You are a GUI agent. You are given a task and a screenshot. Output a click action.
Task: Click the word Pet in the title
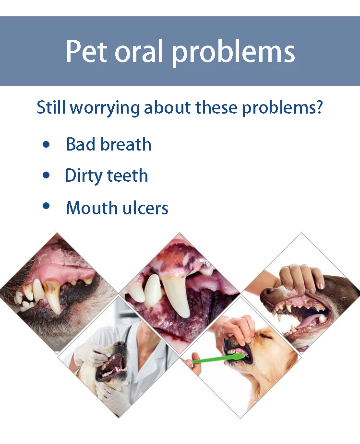(x=87, y=51)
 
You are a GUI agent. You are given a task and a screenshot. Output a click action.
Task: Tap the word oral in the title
(x=140, y=51)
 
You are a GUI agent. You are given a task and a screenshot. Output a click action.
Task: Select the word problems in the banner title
(x=234, y=53)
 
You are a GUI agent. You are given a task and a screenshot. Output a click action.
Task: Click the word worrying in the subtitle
(x=105, y=108)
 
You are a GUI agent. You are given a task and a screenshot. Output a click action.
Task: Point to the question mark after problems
(x=319, y=106)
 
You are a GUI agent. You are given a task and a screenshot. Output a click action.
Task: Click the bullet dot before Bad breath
(x=46, y=145)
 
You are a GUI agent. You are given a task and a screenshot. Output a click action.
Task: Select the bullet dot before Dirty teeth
(x=46, y=175)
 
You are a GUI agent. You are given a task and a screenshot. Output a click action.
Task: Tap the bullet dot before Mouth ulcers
(x=46, y=206)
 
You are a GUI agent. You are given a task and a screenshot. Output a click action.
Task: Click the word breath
(x=126, y=144)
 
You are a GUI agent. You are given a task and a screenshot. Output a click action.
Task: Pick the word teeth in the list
(x=127, y=175)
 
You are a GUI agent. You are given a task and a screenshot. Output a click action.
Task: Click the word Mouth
(x=92, y=208)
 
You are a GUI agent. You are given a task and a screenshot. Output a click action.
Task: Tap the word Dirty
(x=84, y=176)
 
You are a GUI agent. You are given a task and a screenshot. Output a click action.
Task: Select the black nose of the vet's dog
(x=122, y=345)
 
